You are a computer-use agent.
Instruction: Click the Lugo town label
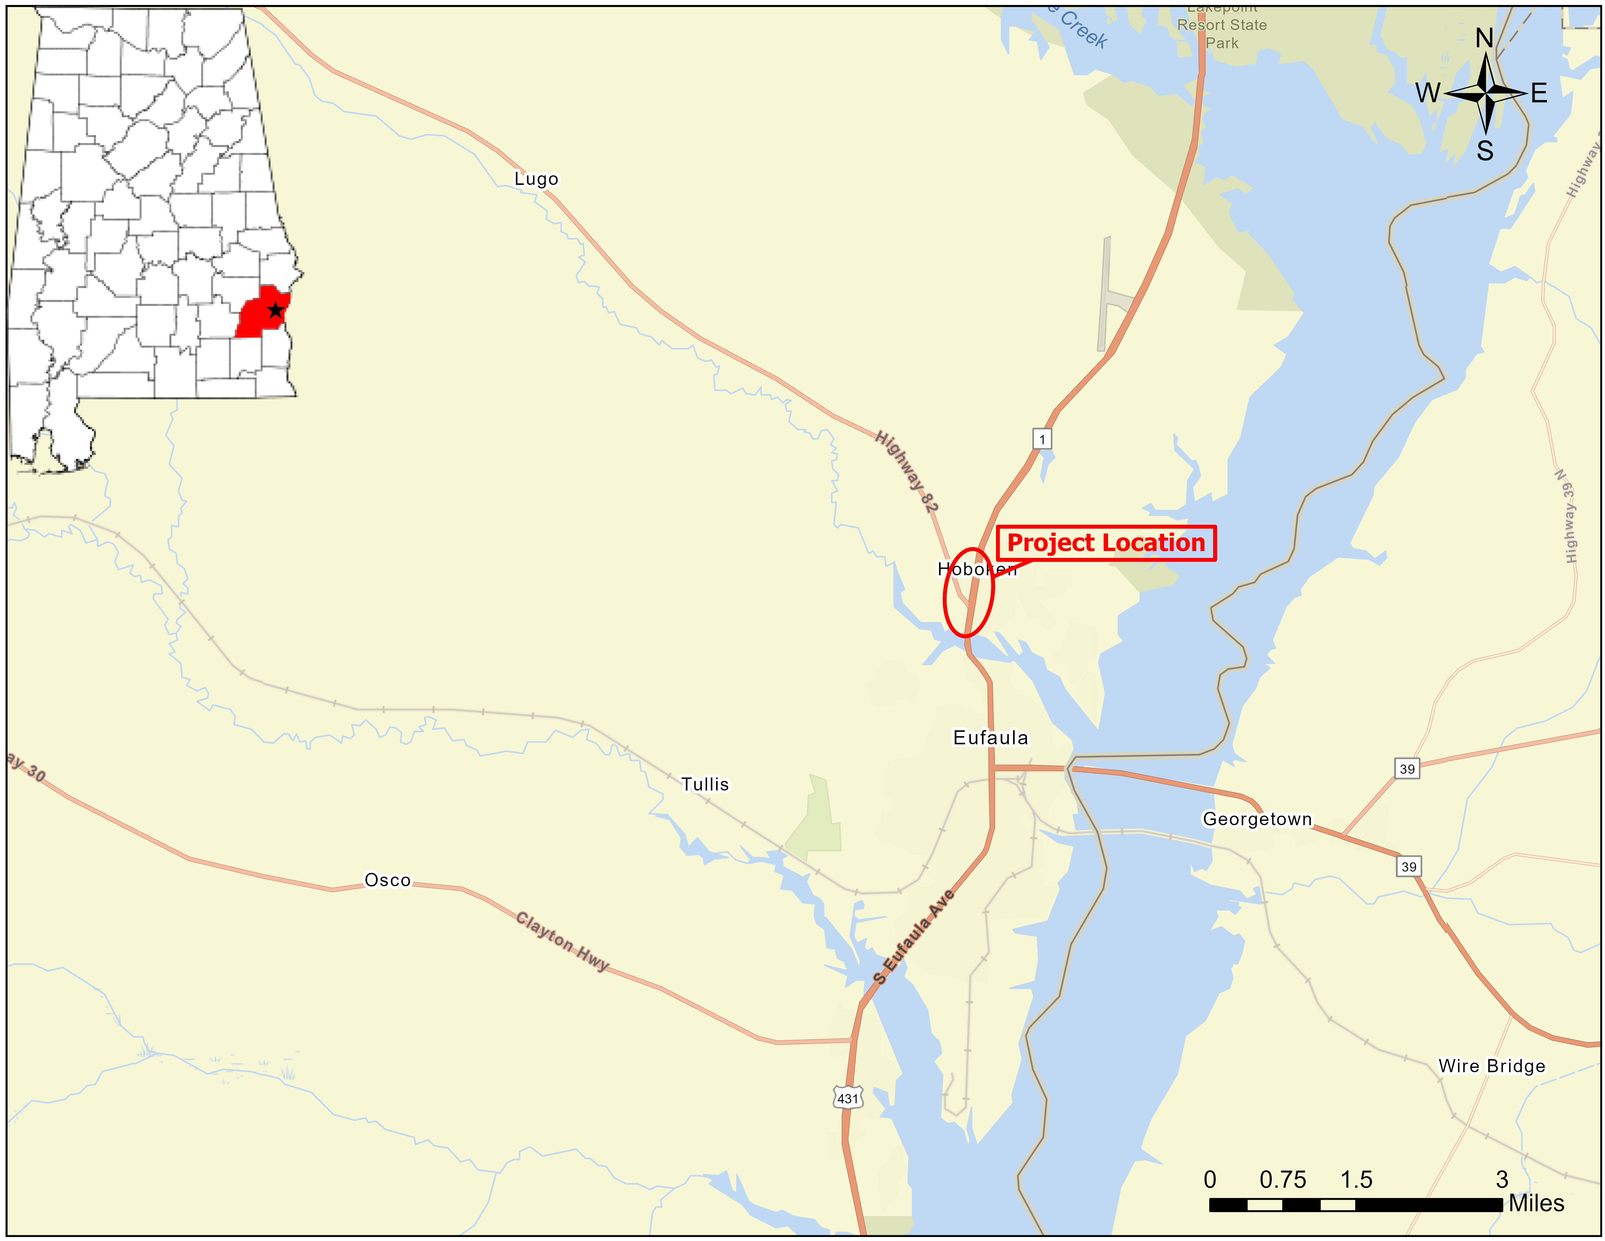point(536,179)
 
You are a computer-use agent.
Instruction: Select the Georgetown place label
point(1257,819)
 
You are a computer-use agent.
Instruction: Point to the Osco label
point(387,880)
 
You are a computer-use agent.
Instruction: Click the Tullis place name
point(705,784)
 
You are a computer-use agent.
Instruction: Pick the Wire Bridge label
point(1491,1066)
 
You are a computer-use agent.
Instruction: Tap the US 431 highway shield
point(847,1099)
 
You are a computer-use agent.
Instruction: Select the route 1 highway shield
point(1041,439)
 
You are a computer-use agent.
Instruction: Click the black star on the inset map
point(275,310)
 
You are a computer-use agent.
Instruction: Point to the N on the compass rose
point(1484,38)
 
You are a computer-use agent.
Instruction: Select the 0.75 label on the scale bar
point(1282,1180)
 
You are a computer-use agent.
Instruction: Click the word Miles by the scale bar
point(1536,1204)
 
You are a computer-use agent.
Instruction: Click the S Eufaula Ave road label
point(913,936)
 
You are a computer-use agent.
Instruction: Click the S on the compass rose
point(1484,151)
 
